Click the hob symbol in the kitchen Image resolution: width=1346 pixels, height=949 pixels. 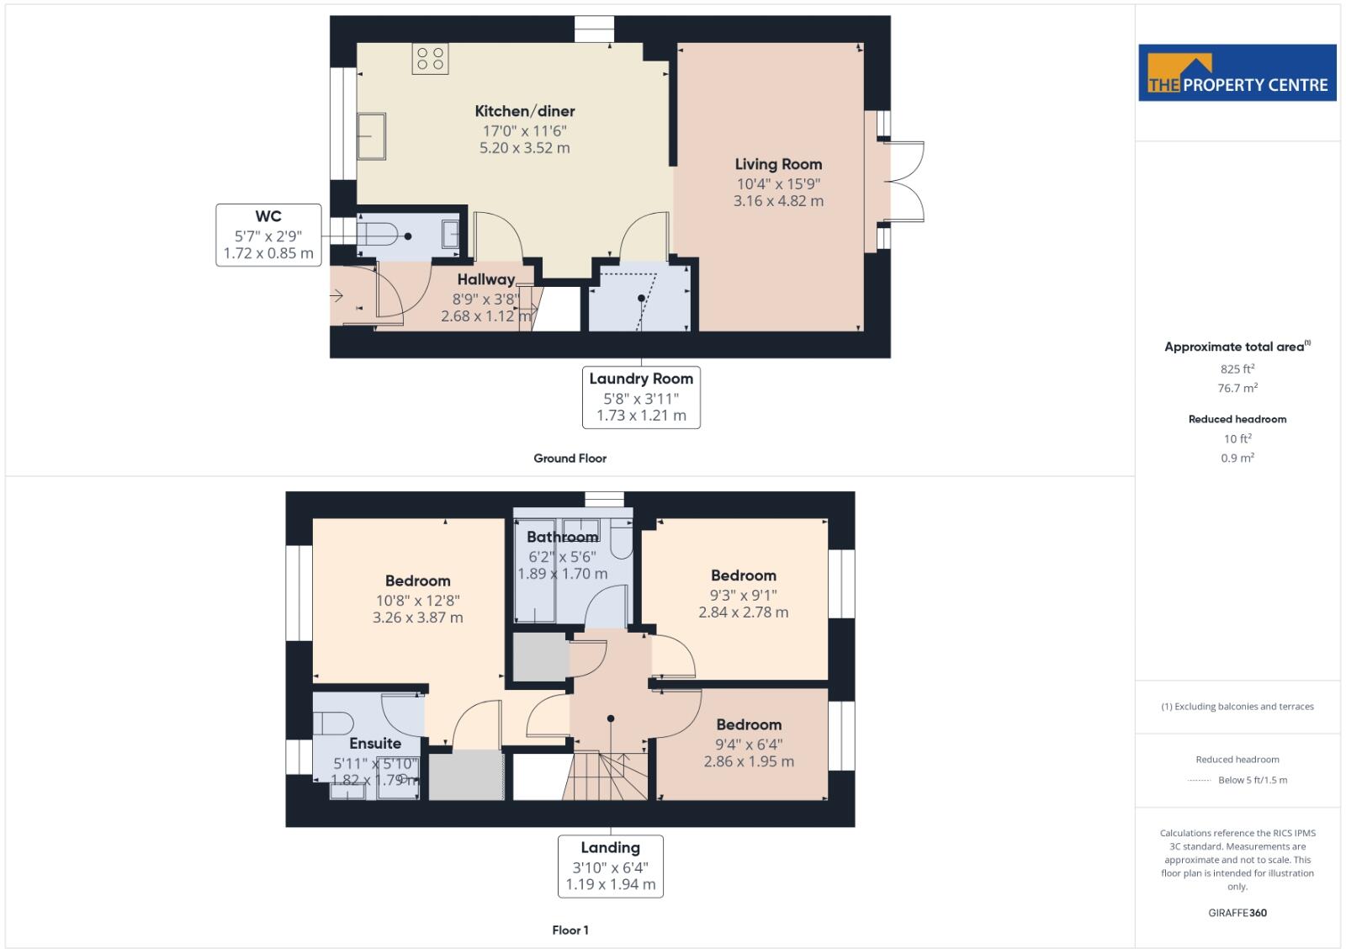pyautogui.click(x=430, y=59)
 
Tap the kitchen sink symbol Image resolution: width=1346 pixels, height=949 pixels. pyautogui.click(x=372, y=136)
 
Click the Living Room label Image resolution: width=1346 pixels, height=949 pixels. pyautogui.click(x=778, y=164)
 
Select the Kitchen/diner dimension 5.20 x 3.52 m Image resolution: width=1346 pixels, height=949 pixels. pyautogui.click(x=524, y=148)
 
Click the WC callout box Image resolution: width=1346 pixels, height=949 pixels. pyautogui.click(x=268, y=235)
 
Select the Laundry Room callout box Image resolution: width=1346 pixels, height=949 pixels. pyautogui.click(x=641, y=397)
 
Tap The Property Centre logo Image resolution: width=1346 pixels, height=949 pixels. pyautogui.click(x=1237, y=73)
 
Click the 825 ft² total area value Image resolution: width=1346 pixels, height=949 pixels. pyautogui.click(x=1237, y=368)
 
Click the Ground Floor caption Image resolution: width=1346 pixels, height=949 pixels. pyautogui.click(x=570, y=459)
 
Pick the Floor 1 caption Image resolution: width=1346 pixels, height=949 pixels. pyautogui.click(x=570, y=930)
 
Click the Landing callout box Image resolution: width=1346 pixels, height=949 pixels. pyautogui.click(x=610, y=866)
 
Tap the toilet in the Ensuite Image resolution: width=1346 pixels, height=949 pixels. pyautogui.click(x=333, y=723)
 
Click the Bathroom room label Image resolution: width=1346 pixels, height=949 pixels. pyautogui.click(x=562, y=537)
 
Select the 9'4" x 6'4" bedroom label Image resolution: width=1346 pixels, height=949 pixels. pyautogui.click(x=749, y=744)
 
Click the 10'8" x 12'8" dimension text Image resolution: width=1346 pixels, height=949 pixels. pyautogui.click(x=417, y=601)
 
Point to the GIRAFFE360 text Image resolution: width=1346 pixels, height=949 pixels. pyautogui.click(x=1237, y=913)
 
